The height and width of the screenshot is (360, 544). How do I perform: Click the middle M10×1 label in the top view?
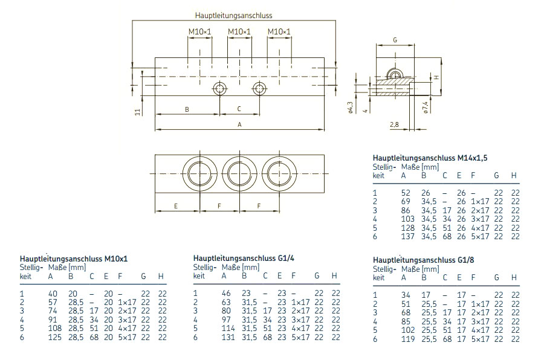239,31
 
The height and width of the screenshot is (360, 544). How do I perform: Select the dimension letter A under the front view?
239,124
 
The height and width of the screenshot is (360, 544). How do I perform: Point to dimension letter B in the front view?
187,109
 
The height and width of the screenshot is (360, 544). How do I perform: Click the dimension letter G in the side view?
395,40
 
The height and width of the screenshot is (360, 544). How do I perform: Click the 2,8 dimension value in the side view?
395,124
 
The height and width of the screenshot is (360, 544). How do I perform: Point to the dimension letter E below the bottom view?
176,206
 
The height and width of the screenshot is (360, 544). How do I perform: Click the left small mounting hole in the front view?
219,89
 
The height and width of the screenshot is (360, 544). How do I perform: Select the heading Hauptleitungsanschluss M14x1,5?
430,157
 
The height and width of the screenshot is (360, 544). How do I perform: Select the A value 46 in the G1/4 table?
225,293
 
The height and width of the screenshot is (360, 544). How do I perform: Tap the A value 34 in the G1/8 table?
406,295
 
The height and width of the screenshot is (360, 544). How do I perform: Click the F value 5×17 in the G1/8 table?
480,339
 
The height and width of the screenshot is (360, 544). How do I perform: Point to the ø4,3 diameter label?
351,107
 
